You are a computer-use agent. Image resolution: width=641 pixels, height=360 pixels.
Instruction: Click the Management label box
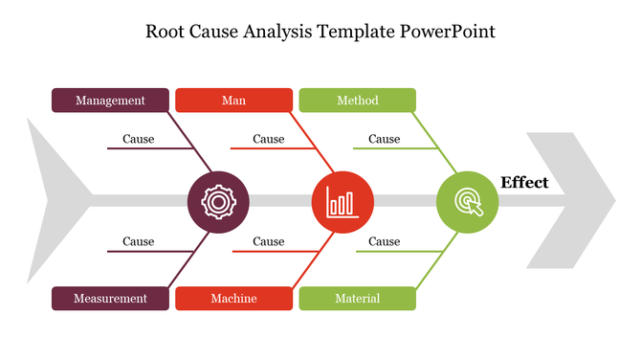pos(110,101)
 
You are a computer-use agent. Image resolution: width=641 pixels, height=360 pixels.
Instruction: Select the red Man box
pos(233,101)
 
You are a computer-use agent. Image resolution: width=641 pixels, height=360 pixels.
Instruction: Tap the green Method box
pos(357,101)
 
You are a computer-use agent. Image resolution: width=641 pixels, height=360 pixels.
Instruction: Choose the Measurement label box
pos(110,299)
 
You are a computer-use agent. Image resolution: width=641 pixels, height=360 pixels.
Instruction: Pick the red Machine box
pos(233,299)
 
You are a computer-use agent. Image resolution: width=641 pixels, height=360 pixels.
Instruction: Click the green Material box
pos(357,299)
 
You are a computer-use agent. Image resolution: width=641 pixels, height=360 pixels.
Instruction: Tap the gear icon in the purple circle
pos(218,201)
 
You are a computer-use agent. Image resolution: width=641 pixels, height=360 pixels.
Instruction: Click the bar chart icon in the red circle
pos(343,201)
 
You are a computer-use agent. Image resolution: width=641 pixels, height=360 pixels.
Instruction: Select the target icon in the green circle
pos(467,201)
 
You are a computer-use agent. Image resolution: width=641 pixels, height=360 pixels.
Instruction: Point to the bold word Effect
pos(524,183)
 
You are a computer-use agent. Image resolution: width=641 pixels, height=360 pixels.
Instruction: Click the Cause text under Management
pos(138,140)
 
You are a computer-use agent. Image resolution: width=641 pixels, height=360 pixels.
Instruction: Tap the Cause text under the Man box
pos(268,140)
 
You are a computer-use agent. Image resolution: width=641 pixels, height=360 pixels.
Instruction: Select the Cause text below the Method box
pos(384,140)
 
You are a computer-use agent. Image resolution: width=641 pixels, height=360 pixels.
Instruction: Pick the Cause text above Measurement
pos(138,242)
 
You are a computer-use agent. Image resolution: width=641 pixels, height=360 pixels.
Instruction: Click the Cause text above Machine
pos(268,242)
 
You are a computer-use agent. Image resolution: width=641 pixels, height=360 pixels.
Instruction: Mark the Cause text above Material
pos(384,242)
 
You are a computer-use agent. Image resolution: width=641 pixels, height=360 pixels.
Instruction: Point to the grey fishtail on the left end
pos(53,201)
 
